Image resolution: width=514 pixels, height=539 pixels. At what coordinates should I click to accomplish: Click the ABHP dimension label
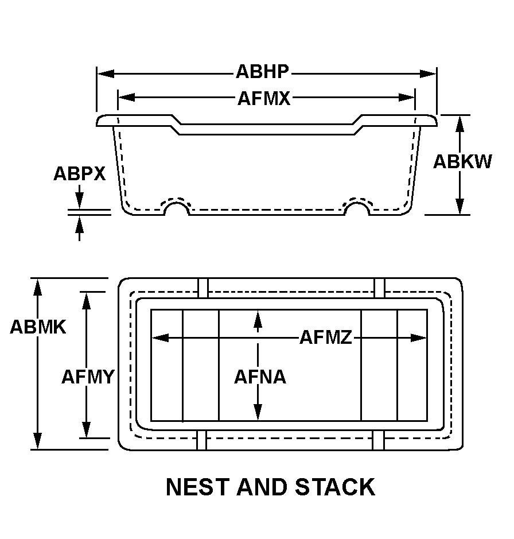click(x=262, y=72)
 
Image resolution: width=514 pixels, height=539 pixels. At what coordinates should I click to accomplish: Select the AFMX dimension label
click(x=264, y=99)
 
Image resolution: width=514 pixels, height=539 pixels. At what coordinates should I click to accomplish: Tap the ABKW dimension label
click(x=462, y=162)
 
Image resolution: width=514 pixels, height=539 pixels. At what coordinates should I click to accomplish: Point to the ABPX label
click(x=80, y=173)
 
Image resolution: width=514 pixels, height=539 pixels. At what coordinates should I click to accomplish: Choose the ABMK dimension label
click(x=38, y=327)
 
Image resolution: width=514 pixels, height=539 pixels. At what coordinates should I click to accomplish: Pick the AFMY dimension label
click(x=88, y=377)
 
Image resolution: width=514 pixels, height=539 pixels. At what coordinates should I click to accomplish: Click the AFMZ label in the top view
click(x=325, y=338)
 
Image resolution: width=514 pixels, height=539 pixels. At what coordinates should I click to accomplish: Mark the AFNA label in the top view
click(x=259, y=377)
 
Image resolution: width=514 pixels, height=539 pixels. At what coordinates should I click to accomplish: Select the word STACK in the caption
click(x=335, y=487)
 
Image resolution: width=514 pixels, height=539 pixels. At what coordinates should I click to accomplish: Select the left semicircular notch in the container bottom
click(x=177, y=208)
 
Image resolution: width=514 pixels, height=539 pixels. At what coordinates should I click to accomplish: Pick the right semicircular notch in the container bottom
click(x=356, y=208)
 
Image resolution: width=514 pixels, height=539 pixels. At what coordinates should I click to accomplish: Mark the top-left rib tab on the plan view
click(x=203, y=288)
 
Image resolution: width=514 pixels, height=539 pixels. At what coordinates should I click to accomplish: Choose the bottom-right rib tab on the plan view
click(x=378, y=440)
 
